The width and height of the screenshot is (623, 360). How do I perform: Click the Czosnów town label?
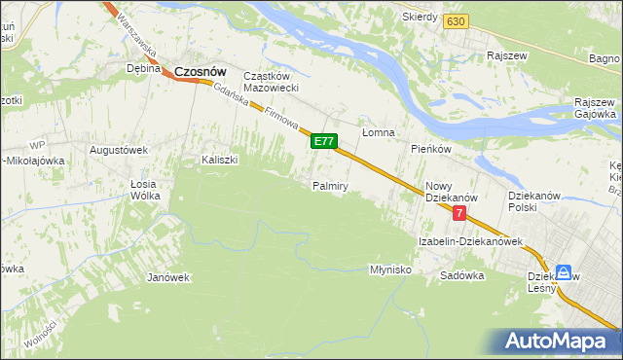tap(201, 70)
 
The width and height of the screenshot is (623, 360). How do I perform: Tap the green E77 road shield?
tap(324, 142)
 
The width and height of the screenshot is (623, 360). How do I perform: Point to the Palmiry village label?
tap(330, 185)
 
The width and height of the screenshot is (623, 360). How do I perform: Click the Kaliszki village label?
tap(220, 160)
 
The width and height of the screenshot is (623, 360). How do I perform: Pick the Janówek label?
tap(167, 277)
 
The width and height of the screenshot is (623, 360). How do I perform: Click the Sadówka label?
tap(461, 275)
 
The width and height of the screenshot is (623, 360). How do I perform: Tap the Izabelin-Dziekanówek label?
tap(471, 241)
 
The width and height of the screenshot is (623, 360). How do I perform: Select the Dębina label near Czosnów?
tap(143, 69)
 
